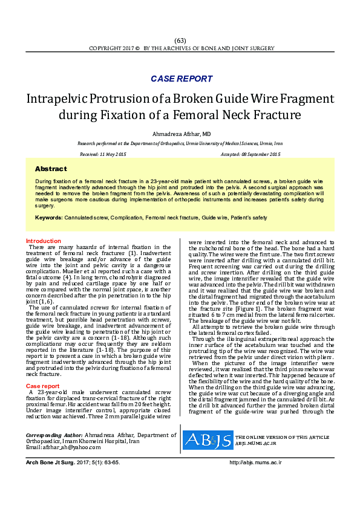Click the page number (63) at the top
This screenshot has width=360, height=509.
(180, 41)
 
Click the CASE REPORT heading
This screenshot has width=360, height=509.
(182, 79)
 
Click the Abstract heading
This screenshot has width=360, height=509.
(51, 169)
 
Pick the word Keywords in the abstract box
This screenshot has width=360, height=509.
(48, 217)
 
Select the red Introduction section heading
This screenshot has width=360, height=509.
(44, 241)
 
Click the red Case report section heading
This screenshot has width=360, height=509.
(42, 369)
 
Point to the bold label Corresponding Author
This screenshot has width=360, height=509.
(54, 435)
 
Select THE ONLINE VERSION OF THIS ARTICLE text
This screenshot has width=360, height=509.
(282, 436)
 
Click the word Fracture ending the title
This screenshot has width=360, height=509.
(251, 114)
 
